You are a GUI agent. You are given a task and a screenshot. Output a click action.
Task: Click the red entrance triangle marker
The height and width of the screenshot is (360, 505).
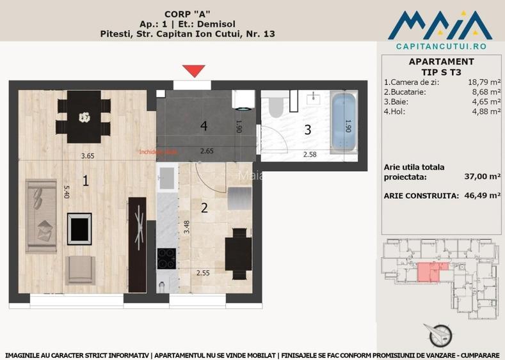click(x=193, y=71)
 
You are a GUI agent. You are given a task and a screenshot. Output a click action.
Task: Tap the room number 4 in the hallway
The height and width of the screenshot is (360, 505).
click(x=204, y=126)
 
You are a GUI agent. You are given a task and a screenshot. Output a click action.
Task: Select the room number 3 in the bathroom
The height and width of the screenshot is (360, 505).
click(x=307, y=130)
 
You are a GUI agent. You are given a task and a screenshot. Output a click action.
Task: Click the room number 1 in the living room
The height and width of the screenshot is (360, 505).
click(x=85, y=181)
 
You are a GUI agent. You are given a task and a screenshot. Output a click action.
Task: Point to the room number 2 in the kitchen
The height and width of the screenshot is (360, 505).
click(x=204, y=207)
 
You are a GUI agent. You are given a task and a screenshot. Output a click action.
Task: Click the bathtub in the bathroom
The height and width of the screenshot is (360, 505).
click(x=346, y=123)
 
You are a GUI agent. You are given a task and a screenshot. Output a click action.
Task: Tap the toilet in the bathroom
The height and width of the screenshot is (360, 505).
click(x=277, y=106)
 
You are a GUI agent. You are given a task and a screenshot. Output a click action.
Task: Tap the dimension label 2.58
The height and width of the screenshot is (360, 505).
click(x=310, y=153)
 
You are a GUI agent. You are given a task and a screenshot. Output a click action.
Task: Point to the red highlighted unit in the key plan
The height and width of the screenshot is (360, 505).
click(x=426, y=273)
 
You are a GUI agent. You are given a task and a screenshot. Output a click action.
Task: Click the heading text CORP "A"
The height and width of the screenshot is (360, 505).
click(x=188, y=13)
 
